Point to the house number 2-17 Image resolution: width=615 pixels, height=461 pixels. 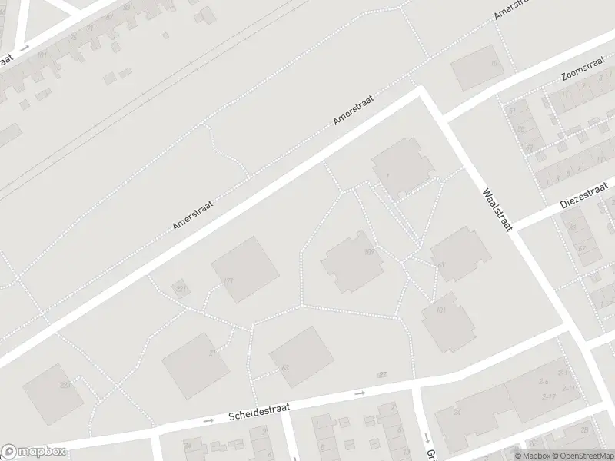click(548, 396)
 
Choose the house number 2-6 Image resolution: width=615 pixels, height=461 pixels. click(544, 381)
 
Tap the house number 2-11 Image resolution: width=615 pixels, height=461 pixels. click(568, 389)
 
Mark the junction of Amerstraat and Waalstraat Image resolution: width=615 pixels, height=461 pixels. click(421, 91)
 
